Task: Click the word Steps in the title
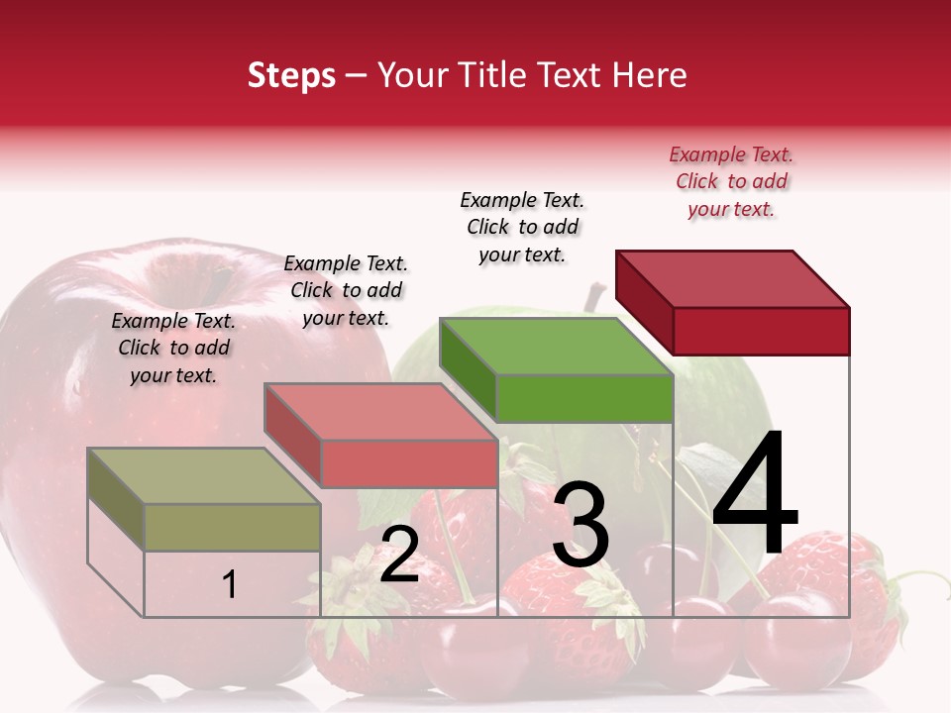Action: pos(291,75)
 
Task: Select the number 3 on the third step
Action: pos(581,525)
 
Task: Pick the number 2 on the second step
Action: pos(399,555)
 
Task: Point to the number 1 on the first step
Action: pos(230,584)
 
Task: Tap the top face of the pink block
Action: pos(381,412)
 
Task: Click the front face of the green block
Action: pos(584,398)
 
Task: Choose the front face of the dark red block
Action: pos(761,331)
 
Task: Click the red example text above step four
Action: pos(731,182)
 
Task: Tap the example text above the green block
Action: pos(522,227)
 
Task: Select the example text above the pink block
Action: pos(346,290)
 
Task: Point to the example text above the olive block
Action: pos(173,348)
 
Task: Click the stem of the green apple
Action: pos(595,295)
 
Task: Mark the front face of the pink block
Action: pos(408,463)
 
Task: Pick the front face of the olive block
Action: pos(232,527)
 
